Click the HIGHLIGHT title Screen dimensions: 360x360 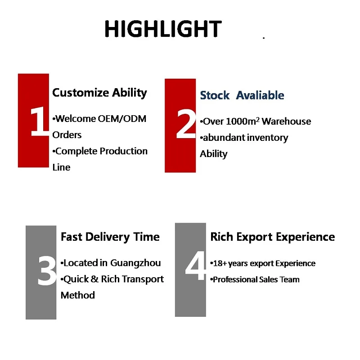tap(163, 29)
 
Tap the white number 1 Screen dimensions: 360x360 tap(39, 121)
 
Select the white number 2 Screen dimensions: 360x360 tap(186, 124)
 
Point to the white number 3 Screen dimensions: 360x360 tap(47, 271)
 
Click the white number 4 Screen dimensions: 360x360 tap(195, 265)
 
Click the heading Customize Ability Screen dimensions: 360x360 tap(99, 93)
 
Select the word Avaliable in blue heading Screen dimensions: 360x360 tap(260, 95)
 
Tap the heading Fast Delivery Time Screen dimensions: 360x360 tap(110, 237)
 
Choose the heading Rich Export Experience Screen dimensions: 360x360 tap(273, 237)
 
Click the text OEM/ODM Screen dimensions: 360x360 tap(122, 119)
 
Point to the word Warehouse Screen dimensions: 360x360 tap(287, 121)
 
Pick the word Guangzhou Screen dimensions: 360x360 tap(135, 263)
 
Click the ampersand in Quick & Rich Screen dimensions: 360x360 tap(94, 279)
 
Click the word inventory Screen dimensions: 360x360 tap(267, 138)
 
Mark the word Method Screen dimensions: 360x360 tap(77, 295)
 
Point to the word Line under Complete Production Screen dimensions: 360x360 tap(61, 167)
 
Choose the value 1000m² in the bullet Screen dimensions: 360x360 tap(243, 121)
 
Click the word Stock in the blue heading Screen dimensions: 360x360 tap(215, 95)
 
